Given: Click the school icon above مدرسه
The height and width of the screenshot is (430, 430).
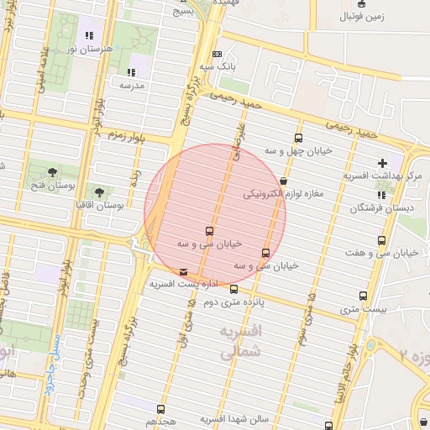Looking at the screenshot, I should (130, 72).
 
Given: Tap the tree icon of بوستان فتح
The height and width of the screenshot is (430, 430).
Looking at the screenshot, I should (53, 170).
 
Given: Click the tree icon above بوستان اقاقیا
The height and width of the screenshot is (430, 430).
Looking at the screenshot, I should (100, 192).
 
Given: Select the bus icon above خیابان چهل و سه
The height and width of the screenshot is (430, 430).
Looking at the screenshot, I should (298, 139).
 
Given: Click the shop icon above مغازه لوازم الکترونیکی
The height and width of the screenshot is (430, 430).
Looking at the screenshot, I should (283, 181).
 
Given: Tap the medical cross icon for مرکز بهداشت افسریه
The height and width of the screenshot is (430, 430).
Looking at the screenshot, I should (383, 163).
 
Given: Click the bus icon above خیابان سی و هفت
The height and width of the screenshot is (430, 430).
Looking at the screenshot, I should (383, 241).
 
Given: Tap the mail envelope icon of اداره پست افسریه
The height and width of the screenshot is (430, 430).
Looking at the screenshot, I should (184, 272).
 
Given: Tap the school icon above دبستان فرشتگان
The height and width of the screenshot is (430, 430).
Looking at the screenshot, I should (382, 195).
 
